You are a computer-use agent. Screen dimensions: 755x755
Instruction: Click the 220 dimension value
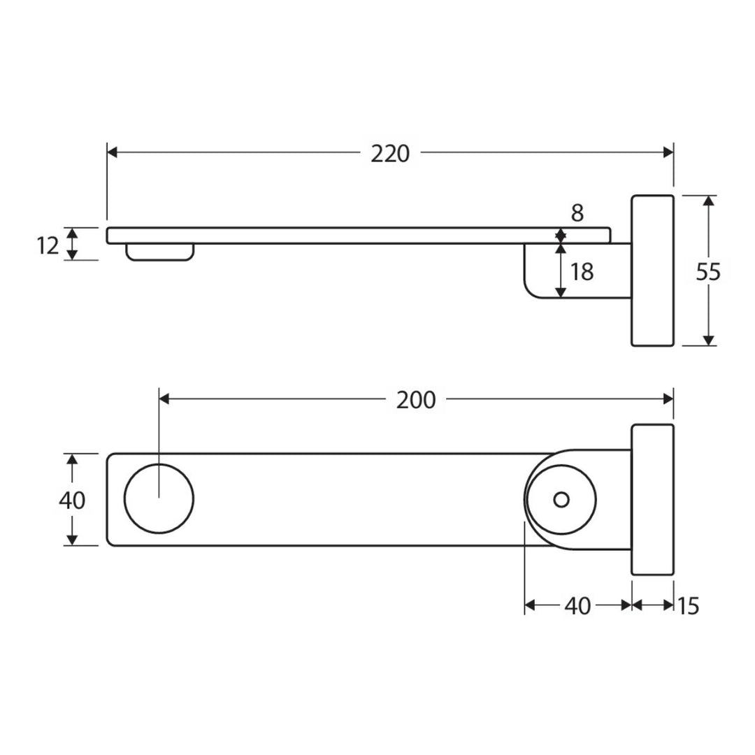click(390, 154)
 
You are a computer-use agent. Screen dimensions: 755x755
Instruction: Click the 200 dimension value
click(416, 400)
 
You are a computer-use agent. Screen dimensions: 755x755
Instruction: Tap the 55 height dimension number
click(707, 272)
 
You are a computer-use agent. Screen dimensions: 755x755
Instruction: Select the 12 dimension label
click(48, 245)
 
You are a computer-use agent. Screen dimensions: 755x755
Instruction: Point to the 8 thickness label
click(577, 213)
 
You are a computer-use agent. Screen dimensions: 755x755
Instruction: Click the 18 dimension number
click(582, 272)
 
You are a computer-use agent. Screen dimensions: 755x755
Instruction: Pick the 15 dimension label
click(688, 605)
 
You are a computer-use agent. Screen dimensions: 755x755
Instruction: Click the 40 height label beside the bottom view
click(72, 500)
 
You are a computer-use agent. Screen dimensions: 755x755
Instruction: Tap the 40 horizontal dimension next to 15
click(577, 605)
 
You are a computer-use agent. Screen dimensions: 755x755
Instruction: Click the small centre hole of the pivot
click(561, 499)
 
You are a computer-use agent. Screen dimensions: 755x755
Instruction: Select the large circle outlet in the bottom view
click(159, 499)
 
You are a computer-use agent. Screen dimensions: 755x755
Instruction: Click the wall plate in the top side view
click(652, 270)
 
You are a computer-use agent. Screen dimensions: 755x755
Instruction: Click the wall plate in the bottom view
click(652, 499)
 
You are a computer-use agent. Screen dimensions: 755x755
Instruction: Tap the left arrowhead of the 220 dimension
click(112, 152)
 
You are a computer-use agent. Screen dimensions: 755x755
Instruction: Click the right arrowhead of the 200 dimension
click(668, 398)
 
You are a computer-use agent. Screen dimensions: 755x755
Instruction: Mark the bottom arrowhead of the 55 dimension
click(708, 340)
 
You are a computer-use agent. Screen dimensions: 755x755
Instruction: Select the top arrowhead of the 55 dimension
click(708, 201)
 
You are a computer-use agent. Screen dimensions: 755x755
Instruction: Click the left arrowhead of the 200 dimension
click(164, 398)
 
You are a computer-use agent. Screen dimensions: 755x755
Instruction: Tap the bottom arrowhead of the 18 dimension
click(560, 292)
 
